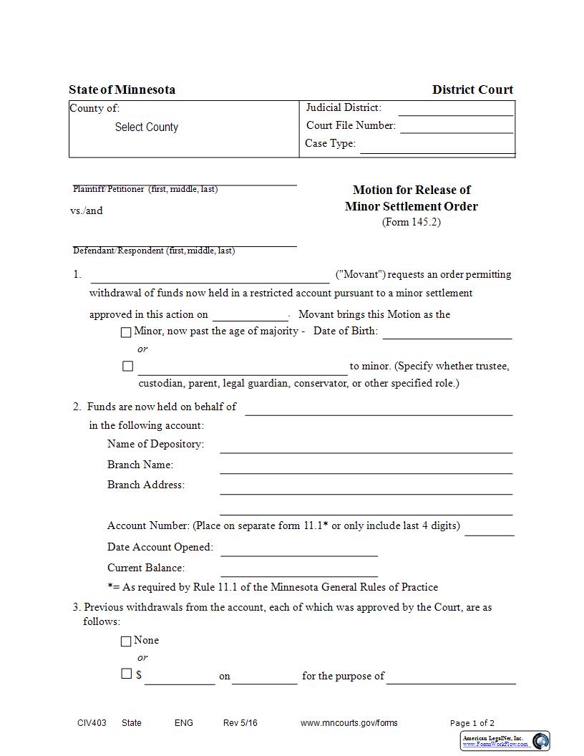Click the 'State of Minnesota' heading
coord(122,89)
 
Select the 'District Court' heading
coord(472,89)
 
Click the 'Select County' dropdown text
coord(146,127)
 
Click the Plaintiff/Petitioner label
coord(145,189)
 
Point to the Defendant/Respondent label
coord(154,251)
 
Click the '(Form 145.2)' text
coord(412,222)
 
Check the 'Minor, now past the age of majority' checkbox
coord(127,332)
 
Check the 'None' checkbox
coord(127,641)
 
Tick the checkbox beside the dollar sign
coord(127,674)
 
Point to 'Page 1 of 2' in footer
coord(472,723)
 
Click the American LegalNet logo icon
coord(541,741)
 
